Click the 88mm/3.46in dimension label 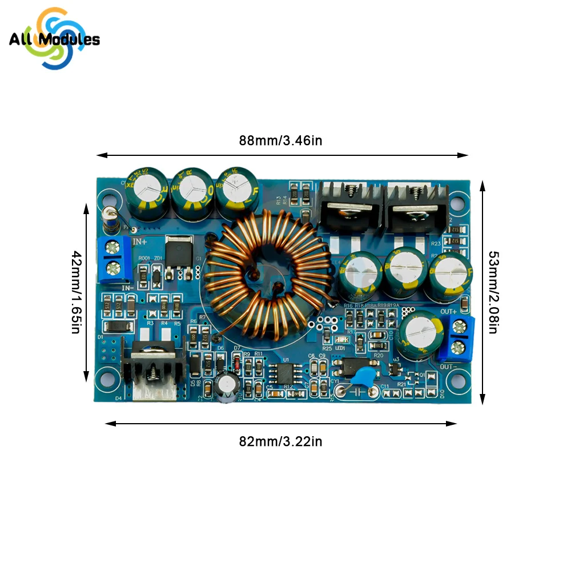tap(280, 140)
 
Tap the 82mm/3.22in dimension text tap(280, 441)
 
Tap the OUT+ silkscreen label tap(448, 311)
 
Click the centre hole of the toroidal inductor tap(267, 272)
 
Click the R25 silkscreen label tap(327, 348)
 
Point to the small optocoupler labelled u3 tap(350, 363)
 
